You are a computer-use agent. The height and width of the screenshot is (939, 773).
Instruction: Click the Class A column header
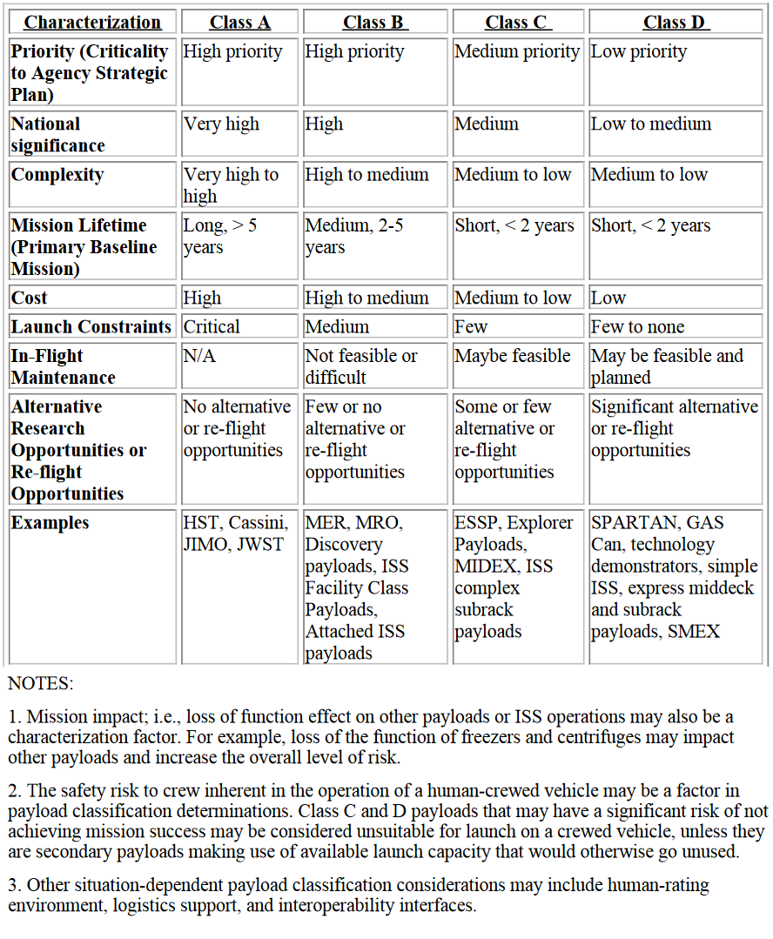click(239, 23)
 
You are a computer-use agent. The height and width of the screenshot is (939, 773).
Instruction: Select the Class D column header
click(675, 23)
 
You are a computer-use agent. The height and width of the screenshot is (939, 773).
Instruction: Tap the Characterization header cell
click(92, 23)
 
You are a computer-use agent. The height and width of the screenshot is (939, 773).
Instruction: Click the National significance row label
click(57, 135)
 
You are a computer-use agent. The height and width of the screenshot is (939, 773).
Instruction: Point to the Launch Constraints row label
click(91, 327)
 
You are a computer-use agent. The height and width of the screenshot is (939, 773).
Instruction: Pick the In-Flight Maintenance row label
click(63, 366)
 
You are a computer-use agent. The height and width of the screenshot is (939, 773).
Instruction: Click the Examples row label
click(50, 523)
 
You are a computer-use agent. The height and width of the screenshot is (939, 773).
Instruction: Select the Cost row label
click(30, 298)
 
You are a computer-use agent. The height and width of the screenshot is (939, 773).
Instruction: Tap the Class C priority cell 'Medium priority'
click(516, 52)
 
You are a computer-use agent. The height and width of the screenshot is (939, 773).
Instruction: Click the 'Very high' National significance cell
click(221, 124)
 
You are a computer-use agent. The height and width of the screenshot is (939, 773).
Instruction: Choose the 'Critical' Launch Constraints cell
click(212, 327)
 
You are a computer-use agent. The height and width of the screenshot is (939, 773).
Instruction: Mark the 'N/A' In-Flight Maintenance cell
click(198, 356)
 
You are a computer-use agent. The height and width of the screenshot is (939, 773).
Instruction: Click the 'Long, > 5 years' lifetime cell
click(219, 236)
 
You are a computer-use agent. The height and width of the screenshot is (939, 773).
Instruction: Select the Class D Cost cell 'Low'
click(608, 298)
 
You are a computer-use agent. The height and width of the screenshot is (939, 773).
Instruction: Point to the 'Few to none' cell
click(637, 327)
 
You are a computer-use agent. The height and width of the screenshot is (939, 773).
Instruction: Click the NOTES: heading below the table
click(41, 682)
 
